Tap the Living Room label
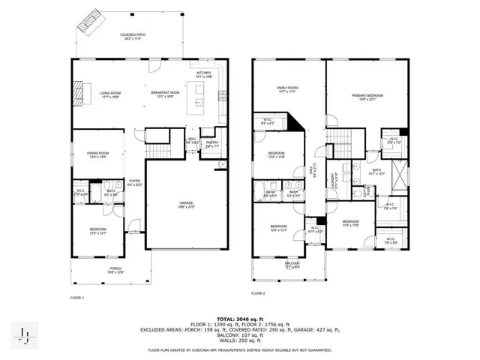(x=111, y=94)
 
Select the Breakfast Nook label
(x=163, y=94)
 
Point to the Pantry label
(x=212, y=144)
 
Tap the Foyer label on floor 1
(x=134, y=182)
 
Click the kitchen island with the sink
(x=199, y=93)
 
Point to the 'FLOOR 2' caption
(x=259, y=293)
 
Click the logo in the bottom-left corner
(x=24, y=334)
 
